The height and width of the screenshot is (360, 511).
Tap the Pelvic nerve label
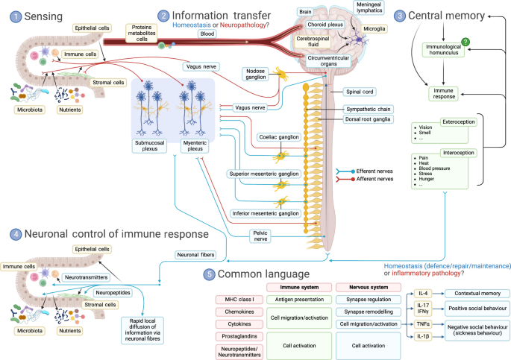click(258, 236)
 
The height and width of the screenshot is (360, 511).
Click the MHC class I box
click(236, 300)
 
